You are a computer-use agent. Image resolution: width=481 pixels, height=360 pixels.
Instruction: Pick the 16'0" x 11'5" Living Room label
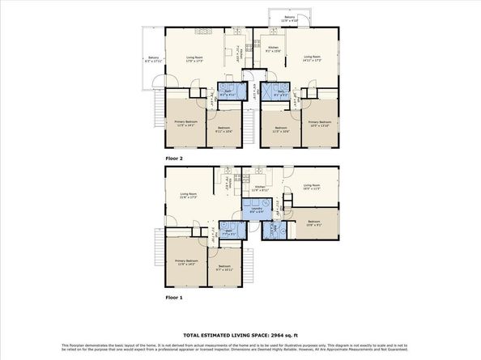pyautogui.click(x=312, y=188)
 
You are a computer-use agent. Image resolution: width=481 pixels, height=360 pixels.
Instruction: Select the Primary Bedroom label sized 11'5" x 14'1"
pyautogui.click(x=185, y=123)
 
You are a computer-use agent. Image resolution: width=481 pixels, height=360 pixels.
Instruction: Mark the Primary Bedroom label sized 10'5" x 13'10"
pyautogui.click(x=321, y=123)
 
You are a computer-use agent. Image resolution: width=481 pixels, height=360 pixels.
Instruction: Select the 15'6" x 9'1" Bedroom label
pyautogui.click(x=314, y=223)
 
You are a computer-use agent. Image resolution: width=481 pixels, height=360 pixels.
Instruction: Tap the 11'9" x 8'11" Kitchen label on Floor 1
pyautogui.click(x=259, y=188)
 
